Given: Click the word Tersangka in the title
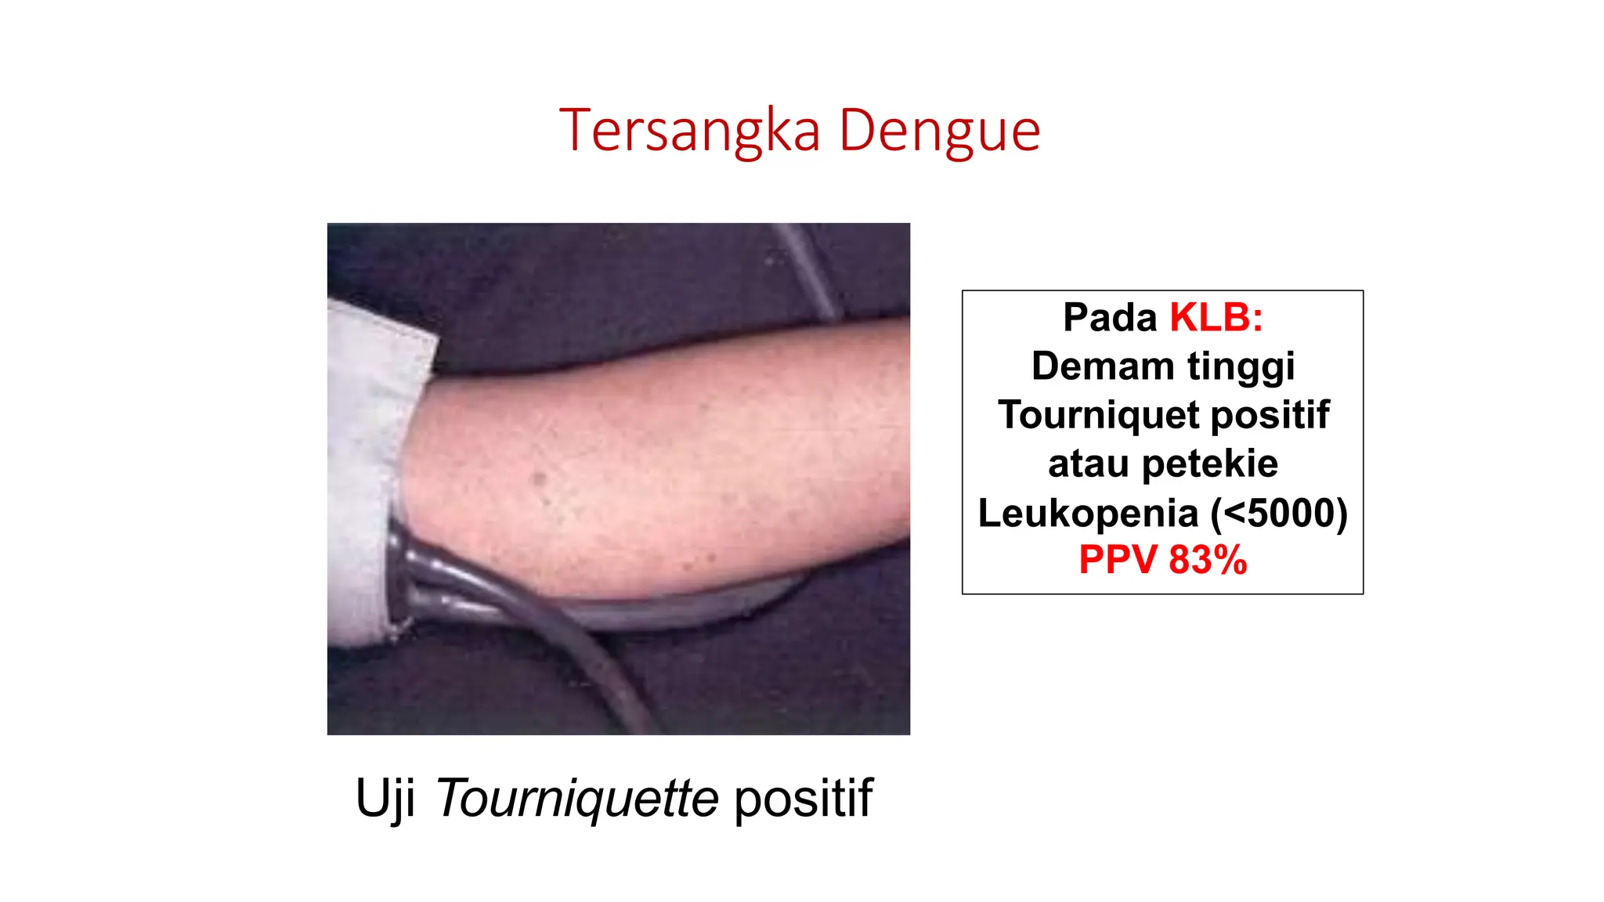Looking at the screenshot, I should tap(689, 131).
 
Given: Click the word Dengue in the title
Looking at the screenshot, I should tap(939, 131).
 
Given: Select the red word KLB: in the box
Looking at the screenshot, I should tap(1216, 318).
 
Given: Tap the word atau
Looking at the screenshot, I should tap(1088, 464).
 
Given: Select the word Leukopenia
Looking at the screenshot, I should tap(1088, 514).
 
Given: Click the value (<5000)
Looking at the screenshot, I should tap(1279, 514).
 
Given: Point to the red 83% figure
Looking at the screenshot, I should tap(1208, 561).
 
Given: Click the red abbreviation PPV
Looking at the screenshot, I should tap(1118, 561).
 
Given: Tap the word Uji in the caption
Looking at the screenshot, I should tap(385, 799).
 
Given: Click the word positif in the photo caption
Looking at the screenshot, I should tap(803, 799).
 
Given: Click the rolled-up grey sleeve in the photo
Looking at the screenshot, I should tap(368, 470).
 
